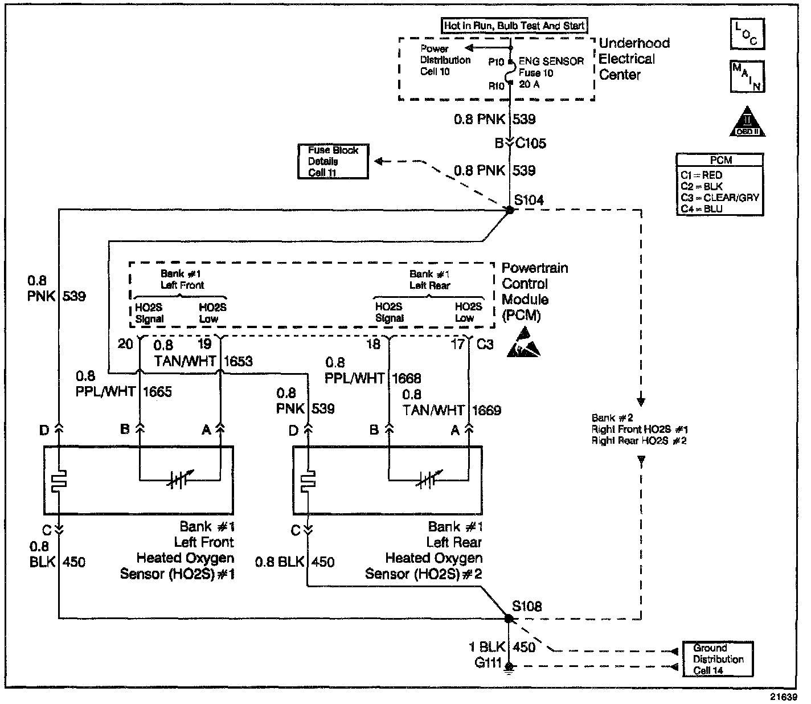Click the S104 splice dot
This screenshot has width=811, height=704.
click(x=510, y=210)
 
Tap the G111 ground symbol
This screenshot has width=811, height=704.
click(x=509, y=666)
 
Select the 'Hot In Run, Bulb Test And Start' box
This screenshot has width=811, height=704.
click(x=514, y=26)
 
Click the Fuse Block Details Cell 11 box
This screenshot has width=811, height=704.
click(x=333, y=161)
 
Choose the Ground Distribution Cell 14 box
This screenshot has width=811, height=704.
click(x=718, y=659)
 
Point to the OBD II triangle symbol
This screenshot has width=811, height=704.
click(x=747, y=122)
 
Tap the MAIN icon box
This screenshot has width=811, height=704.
click(x=747, y=76)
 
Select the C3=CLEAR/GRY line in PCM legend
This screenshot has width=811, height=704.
click(x=720, y=198)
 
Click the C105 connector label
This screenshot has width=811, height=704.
click(x=530, y=144)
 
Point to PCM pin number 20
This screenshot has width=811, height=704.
click(x=125, y=344)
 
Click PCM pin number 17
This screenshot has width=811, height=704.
click(x=457, y=344)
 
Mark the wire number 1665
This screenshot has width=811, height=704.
click(x=157, y=392)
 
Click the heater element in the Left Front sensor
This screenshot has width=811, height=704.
click(x=60, y=480)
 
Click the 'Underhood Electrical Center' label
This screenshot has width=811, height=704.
click(x=634, y=59)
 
